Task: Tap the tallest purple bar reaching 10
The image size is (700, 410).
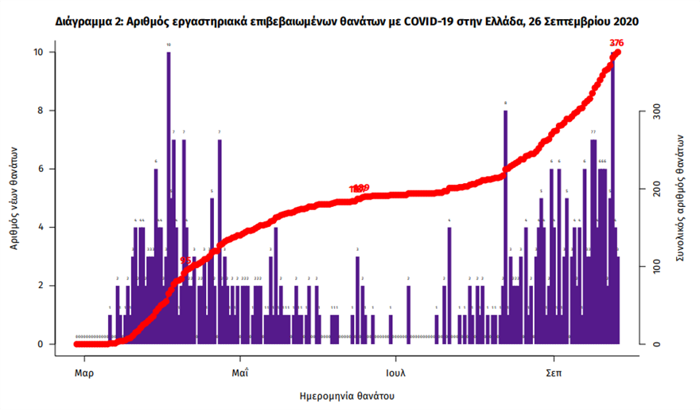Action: pyautogui.click(x=169, y=199)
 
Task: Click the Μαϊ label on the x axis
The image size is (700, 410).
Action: pyautogui.click(x=240, y=373)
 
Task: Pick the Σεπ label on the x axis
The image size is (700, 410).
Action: pyautogui.click(x=555, y=373)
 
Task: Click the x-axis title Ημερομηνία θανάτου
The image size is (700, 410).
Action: pyautogui.click(x=347, y=396)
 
